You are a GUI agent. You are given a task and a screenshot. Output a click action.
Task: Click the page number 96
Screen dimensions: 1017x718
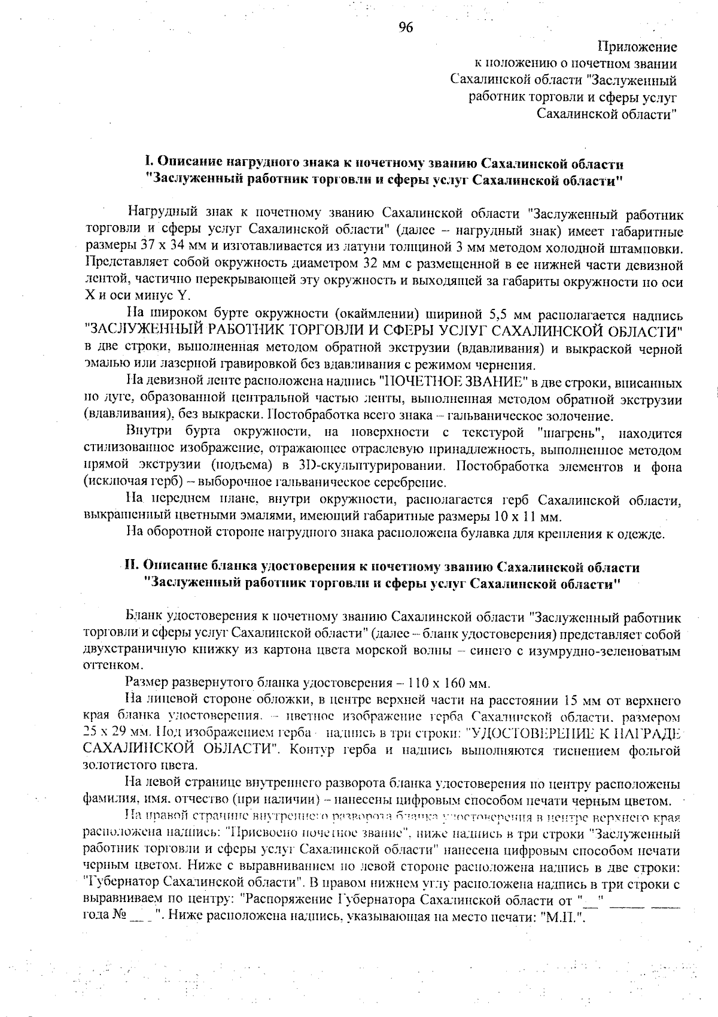point(406,28)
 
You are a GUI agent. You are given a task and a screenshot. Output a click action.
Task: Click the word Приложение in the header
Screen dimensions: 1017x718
point(637,47)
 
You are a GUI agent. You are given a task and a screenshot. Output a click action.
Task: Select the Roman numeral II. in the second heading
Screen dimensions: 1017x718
point(131,566)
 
